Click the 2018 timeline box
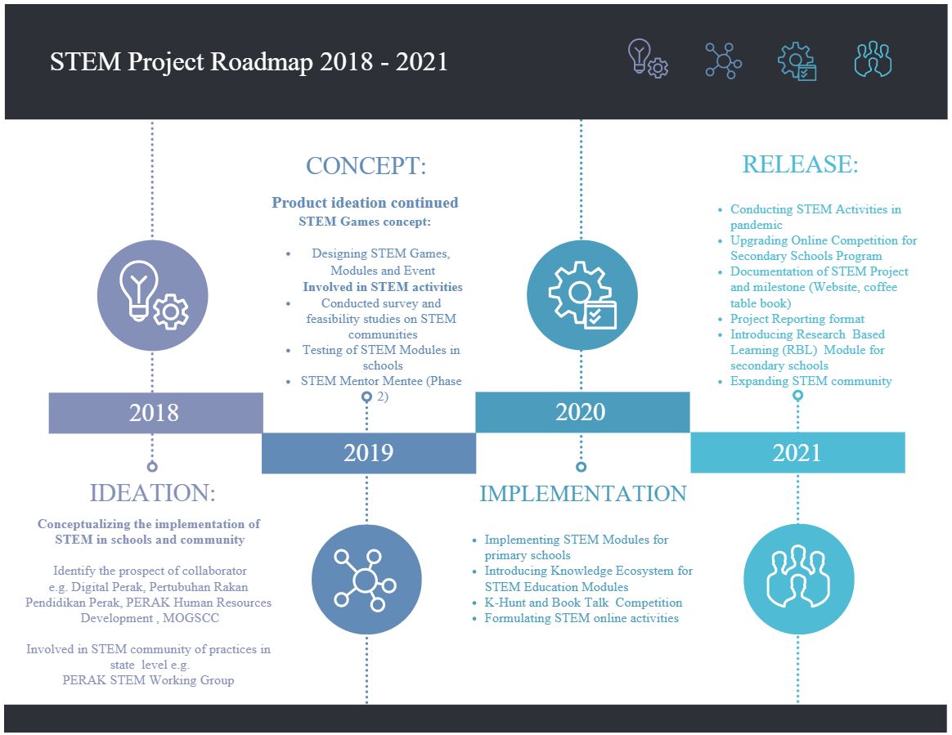155,413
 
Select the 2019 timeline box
369,453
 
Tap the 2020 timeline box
582,412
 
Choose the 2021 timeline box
797,453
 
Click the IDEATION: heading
152,493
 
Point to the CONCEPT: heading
366,166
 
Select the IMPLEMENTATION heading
583,494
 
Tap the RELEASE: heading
800,164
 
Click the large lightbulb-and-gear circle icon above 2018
152,295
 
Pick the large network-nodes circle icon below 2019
366,579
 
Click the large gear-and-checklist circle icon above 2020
582,295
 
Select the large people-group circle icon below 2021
799,579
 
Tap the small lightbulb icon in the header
648,59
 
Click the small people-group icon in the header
873,59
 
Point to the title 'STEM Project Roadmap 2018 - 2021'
249,62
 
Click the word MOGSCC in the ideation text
191,618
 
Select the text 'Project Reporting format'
797,319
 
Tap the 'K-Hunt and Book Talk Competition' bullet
583,603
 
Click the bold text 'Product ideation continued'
365,203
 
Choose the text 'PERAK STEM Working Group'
148,680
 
